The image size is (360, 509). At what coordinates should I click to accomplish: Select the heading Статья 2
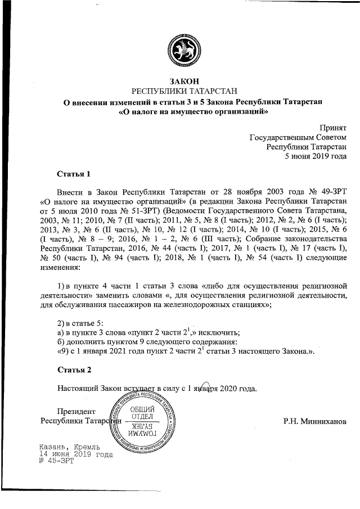tap(74, 370)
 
